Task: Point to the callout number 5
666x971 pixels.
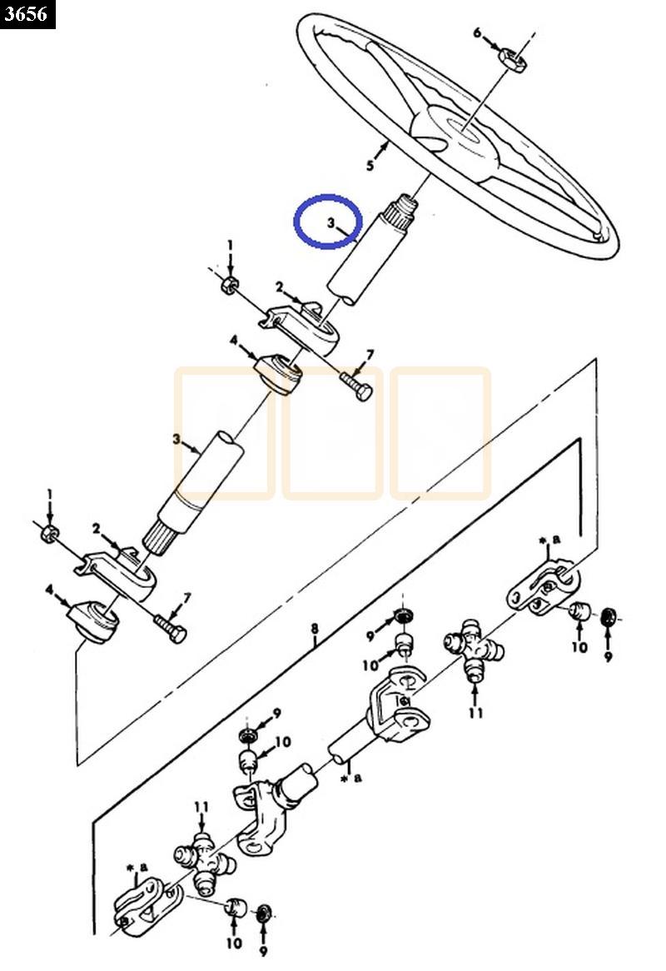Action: pyautogui.click(x=370, y=166)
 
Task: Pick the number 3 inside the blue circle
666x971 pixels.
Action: pyautogui.click(x=331, y=222)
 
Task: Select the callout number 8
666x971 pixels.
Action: pyautogui.click(x=315, y=630)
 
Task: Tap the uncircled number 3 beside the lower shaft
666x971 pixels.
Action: pyautogui.click(x=177, y=439)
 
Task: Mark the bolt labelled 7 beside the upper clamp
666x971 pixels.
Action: pyautogui.click(x=358, y=386)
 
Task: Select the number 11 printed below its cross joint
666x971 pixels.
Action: pyautogui.click(x=475, y=714)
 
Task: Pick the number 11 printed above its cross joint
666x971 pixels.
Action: pyautogui.click(x=201, y=808)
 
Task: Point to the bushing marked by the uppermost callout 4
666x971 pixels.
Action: pyautogui.click(x=278, y=375)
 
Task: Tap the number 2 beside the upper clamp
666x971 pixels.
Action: pyautogui.click(x=280, y=287)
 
